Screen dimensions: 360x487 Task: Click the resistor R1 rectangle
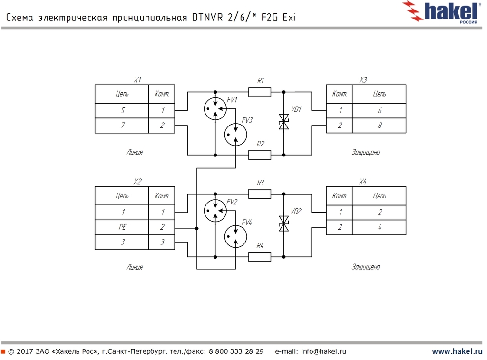pos(259,91)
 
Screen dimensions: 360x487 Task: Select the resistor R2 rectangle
pos(259,155)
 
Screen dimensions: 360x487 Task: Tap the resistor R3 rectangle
pos(259,194)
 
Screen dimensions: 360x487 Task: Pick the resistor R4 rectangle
pos(259,257)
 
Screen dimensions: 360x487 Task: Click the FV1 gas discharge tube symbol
pos(215,109)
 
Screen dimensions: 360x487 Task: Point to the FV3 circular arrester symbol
pos(236,135)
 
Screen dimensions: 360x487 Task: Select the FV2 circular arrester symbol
pos(215,211)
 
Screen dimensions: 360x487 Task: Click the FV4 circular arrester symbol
pos(236,236)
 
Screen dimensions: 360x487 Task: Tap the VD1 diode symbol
pos(284,122)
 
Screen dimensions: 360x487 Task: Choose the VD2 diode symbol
pos(284,224)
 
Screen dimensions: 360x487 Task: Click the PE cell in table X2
pos(122,227)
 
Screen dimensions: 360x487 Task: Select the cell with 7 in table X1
pos(122,126)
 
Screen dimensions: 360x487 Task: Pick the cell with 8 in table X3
pos(379,126)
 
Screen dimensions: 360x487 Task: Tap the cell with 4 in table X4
pos(379,227)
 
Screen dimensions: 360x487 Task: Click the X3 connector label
pos(363,80)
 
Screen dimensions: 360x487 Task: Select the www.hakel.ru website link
pos(457,351)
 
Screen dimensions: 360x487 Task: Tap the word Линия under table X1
pos(135,153)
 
